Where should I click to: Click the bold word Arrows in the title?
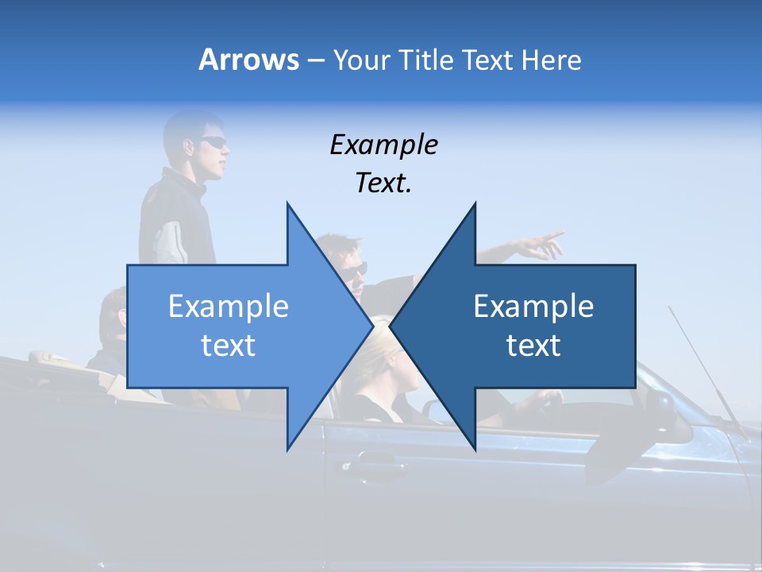coord(248,60)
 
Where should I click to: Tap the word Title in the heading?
coord(423,60)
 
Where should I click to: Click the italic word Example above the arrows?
coord(383,145)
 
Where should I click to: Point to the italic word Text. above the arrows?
coord(383,184)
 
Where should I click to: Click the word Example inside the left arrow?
coord(229,307)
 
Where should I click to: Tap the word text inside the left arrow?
coord(229,346)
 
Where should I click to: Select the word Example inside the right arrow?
coord(533,307)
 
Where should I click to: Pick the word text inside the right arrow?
coord(533,346)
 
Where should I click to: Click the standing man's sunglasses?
coord(213,143)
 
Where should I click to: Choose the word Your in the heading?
coord(360,60)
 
